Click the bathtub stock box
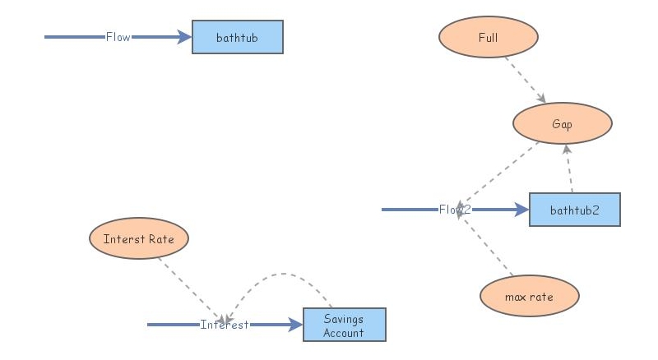[x=237, y=37]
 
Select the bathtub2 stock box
[x=574, y=210]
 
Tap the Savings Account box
[x=344, y=325]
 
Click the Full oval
[x=488, y=37]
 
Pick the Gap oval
[x=562, y=124]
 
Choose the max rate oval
[x=529, y=295]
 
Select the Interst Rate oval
[x=138, y=239]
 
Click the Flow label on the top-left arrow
[x=118, y=37]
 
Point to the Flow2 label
[x=454, y=210]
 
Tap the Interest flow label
[x=225, y=325]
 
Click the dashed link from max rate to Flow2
[x=487, y=251]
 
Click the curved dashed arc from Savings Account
[x=284, y=274]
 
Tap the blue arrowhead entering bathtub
[x=184, y=37]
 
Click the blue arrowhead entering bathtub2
[x=521, y=210]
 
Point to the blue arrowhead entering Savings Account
[x=295, y=325]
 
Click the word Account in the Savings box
[x=344, y=333]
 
